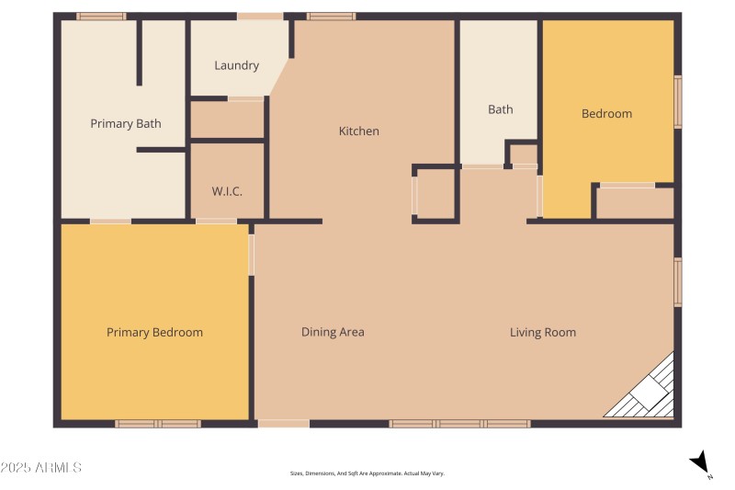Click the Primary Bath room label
coord(126,123)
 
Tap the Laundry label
coord(236,65)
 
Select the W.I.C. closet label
coord(227,191)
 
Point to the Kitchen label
coord(358,131)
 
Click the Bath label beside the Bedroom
coord(500,109)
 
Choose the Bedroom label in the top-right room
coord(606,113)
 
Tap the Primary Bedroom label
coord(154,332)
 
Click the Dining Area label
coord(333,332)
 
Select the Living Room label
coord(543,332)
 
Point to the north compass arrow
coord(700,462)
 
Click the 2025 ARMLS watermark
coord(41,468)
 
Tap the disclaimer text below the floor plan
coord(367,473)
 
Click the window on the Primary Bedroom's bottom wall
coord(157,424)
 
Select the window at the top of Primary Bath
coord(101,17)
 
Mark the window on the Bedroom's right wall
coord(678,101)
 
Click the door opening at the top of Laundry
coord(260,17)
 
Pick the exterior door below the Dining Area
coord(283,424)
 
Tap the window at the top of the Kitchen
coord(331,17)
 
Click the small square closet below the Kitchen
coord(435,194)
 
